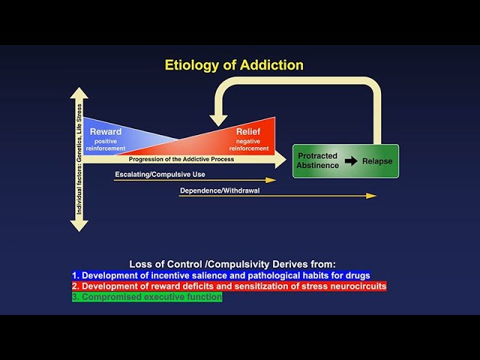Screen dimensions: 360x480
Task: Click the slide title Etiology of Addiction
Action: [234, 65]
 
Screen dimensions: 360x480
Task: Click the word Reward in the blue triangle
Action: [106, 132]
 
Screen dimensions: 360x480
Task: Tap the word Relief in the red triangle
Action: [247, 132]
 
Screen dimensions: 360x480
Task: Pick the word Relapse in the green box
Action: [377, 160]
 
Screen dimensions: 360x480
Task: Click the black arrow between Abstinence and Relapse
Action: [349, 160]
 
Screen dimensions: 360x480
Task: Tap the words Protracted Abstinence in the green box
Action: [317, 160]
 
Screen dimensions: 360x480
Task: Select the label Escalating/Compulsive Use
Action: [160, 174]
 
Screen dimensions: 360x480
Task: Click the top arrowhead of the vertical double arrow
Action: [79, 94]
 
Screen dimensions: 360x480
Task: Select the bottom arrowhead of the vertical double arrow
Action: [79, 224]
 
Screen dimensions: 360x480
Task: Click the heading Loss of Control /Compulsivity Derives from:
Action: [232, 264]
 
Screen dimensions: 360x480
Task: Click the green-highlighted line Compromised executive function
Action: [147, 297]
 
